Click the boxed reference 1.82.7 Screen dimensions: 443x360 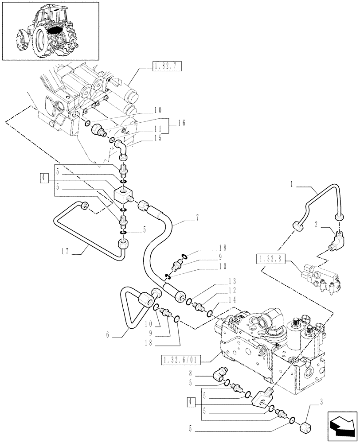[166, 67]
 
